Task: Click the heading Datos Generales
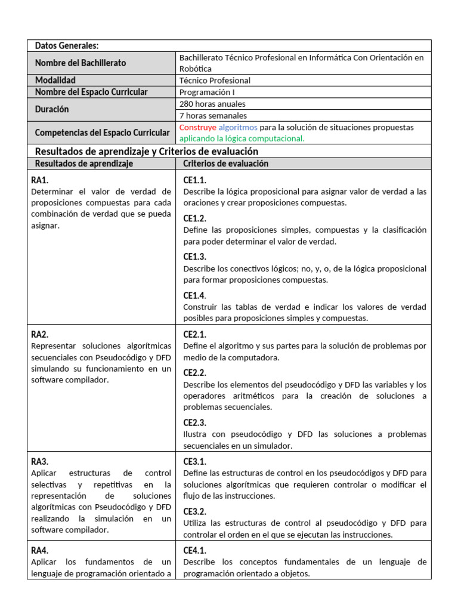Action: coord(67,46)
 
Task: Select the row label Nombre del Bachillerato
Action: coord(81,63)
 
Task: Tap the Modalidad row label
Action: coord(55,81)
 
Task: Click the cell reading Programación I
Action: coord(211,92)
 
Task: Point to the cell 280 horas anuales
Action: coord(212,104)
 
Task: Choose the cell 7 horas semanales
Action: coord(213,116)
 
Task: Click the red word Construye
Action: coord(197,128)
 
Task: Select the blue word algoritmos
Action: coord(238,128)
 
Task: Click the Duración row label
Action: coord(52,110)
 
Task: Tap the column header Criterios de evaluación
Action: coord(225,163)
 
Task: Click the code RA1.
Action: coord(40,180)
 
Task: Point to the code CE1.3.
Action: coord(195,257)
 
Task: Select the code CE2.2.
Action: coord(195,372)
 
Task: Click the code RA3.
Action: coord(40,461)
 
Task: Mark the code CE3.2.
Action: coord(195,511)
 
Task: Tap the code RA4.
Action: coord(40,551)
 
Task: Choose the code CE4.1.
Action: coord(195,551)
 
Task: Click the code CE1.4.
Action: coord(194,295)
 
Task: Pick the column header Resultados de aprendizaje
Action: coord(84,163)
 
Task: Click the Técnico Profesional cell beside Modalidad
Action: coord(215,81)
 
